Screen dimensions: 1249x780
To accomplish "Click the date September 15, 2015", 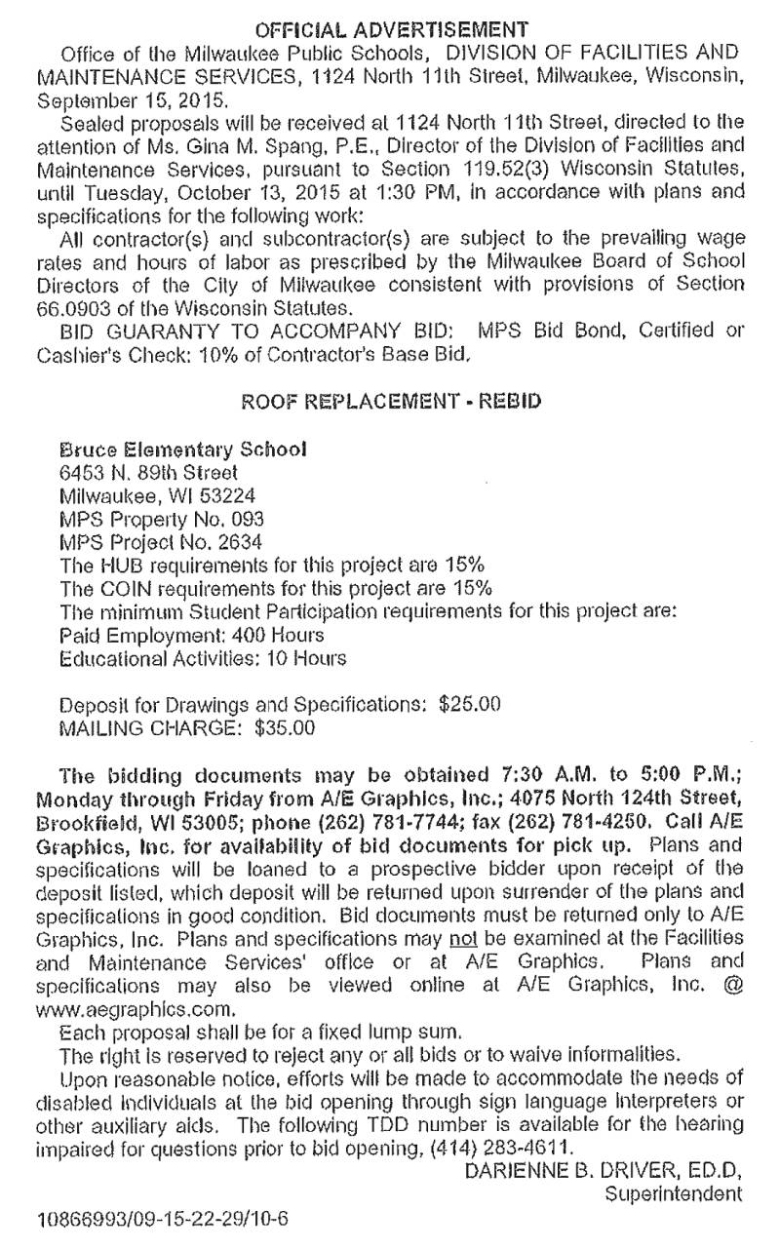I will tap(119, 100).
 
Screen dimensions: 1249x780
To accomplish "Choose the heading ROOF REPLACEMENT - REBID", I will tap(391, 401).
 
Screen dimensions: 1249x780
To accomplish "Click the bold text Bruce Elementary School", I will tap(184, 450).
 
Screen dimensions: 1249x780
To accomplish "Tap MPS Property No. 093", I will tap(162, 519).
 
